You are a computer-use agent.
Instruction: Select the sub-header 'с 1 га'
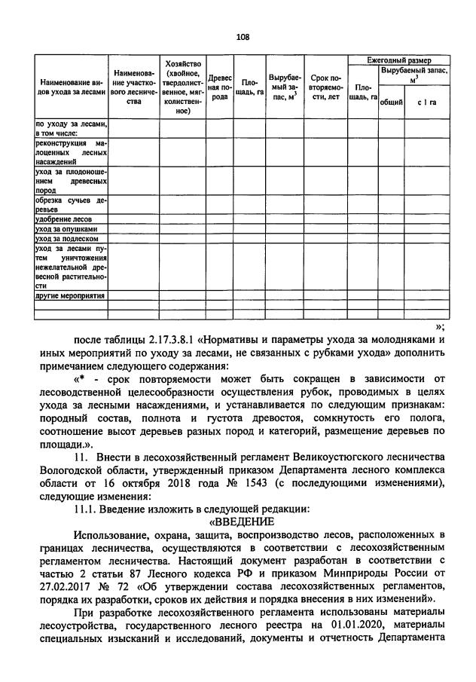click(429, 102)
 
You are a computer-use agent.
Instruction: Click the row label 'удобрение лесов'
click(64, 219)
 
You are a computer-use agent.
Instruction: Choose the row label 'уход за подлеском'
click(67, 238)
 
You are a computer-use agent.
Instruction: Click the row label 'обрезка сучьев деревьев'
click(71, 205)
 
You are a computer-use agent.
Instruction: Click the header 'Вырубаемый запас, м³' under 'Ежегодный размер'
click(413, 75)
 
